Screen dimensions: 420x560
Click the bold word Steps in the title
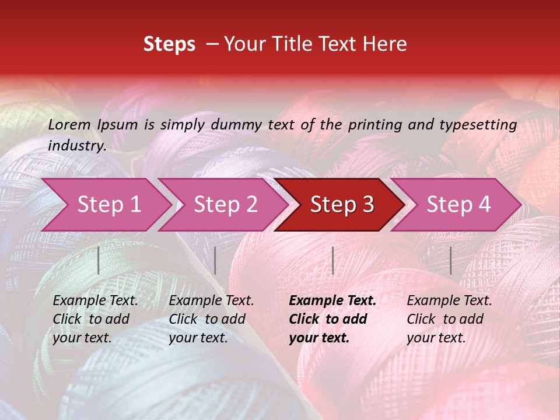(x=169, y=44)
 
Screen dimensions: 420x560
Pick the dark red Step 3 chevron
(x=342, y=204)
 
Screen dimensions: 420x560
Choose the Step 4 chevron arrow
(x=459, y=204)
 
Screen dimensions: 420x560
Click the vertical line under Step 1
(x=99, y=260)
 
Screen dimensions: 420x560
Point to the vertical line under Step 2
(x=215, y=260)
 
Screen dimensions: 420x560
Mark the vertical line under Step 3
(x=332, y=260)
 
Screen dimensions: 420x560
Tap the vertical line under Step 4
(x=451, y=260)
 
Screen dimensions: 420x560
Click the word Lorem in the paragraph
(x=69, y=124)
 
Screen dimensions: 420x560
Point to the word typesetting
(x=484, y=124)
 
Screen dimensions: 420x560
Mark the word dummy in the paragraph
(x=235, y=124)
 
